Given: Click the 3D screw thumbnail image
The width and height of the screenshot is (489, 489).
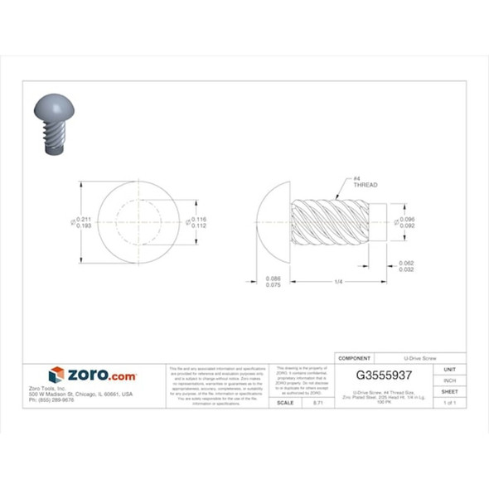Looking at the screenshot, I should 51,124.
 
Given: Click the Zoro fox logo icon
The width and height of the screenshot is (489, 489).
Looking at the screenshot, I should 56,375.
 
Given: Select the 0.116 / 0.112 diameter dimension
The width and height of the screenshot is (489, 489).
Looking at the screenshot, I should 199,222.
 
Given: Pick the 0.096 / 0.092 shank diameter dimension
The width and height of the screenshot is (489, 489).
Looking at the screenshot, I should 407,222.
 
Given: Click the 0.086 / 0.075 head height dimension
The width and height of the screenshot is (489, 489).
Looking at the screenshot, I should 274,282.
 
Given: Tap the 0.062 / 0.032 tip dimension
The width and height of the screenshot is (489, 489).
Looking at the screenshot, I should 407,266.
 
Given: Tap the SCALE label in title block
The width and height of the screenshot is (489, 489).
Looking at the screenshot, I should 284,402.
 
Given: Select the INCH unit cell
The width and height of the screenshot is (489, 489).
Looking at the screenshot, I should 449,380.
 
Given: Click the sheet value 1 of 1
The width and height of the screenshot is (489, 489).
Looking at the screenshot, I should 449,402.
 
